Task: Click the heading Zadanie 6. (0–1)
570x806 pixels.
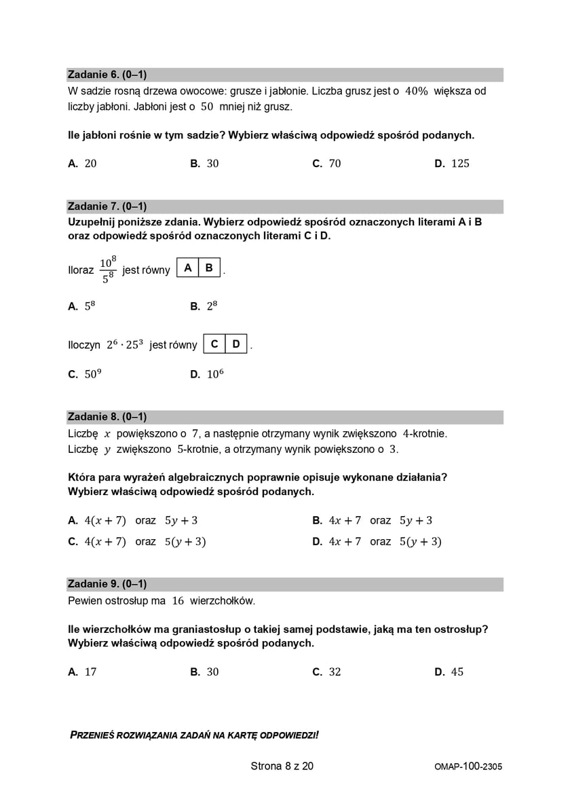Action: pos(107,75)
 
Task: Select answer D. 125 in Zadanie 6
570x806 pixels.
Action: pos(452,164)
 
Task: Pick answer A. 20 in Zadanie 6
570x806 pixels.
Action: pos(83,164)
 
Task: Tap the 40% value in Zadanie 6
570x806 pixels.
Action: pos(416,91)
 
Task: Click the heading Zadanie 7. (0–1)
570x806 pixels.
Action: pos(107,206)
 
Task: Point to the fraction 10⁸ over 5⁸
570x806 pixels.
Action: pos(108,270)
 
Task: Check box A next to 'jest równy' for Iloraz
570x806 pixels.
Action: pos(188,268)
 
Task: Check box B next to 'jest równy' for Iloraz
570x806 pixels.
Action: pos(209,268)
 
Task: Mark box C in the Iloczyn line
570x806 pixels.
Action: pos(214,344)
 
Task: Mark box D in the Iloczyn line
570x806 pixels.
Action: pos(236,344)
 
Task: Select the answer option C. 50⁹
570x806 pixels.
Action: pos(84,374)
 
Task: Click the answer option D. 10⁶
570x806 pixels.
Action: pos(207,374)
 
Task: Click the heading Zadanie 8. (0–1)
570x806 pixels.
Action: pos(107,417)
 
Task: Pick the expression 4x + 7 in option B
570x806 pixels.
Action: pos(345,521)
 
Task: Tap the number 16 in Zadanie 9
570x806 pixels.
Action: pos(178,601)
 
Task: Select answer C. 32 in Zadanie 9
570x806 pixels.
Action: pos(327,672)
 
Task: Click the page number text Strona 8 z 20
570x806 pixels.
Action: pos(282,767)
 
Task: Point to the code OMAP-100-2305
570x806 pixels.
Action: pos(468,767)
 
